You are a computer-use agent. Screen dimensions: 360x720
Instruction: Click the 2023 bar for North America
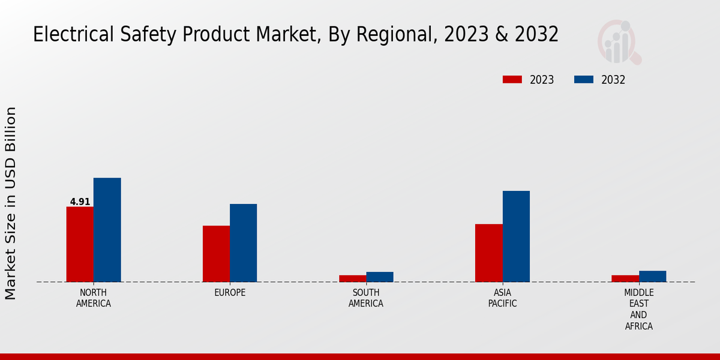click(x=80, y=244)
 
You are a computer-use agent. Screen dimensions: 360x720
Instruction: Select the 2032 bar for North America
click(x=107, y=230)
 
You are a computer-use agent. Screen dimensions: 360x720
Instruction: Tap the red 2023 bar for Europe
click(x=216, y=254)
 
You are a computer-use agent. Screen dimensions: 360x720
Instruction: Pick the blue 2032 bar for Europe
click(x=243, y=243)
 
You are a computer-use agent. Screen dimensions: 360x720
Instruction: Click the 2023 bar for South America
click(x=352, y=278)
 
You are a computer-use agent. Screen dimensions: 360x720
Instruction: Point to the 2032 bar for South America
click(x=380, y=277)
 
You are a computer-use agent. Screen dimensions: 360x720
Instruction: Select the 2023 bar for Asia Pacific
click(x=488, y=253)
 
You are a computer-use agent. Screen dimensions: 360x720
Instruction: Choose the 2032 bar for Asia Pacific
click(x=516, y=236)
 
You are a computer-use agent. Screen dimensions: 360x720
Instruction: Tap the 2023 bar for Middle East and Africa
click(x=625, y=278)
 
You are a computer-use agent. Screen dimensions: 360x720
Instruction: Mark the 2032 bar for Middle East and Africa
click(x=652, y=276)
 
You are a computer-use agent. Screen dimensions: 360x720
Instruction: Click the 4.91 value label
click(x=80, y=202)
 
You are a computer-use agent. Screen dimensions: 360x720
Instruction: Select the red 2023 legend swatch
click(x=512, y=80)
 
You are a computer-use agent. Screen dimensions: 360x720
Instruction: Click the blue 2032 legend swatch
click(x=584, y=80)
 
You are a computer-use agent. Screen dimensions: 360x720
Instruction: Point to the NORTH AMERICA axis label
click(x=94, y=298)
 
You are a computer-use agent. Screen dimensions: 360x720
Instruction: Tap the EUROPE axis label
click(x=230, y=293)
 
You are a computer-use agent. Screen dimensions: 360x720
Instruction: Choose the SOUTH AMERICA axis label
click(x=366, y=298)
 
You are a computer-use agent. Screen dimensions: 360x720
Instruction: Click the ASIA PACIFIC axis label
click(x=502, y=298)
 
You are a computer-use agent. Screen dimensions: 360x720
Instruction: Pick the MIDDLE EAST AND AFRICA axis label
click(x=638, y=310)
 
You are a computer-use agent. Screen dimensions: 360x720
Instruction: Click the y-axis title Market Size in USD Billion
click(x=11, y=203)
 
